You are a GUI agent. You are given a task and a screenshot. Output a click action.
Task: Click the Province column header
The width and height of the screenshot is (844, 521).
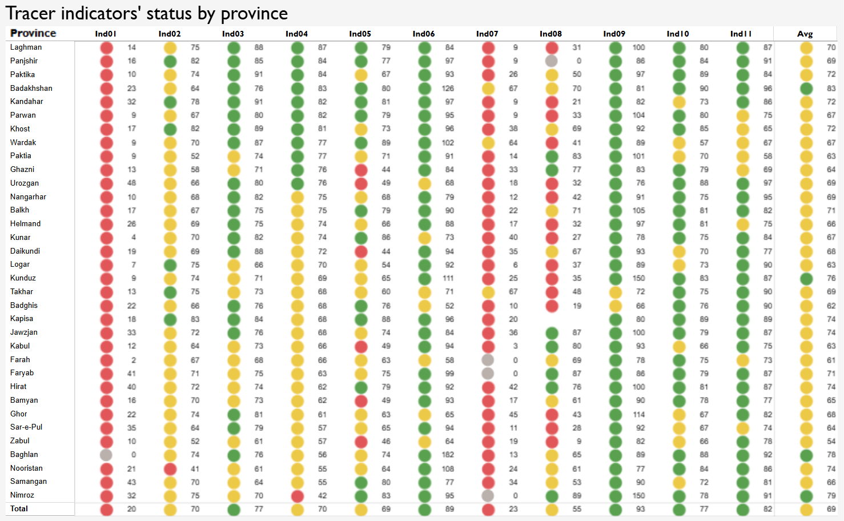33,33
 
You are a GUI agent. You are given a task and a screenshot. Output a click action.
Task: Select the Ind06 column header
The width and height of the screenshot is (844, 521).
424,34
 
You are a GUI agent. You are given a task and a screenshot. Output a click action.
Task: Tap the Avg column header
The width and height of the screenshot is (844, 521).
805,34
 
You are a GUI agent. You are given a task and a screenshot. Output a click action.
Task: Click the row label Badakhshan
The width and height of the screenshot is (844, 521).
31,88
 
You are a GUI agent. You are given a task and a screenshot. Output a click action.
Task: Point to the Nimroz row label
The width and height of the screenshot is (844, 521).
22,495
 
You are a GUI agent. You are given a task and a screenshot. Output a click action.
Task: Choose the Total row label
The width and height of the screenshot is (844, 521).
19,508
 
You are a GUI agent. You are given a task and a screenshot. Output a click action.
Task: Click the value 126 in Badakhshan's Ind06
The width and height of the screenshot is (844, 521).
448,89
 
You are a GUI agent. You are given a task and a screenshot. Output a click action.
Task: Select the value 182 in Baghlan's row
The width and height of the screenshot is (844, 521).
448,455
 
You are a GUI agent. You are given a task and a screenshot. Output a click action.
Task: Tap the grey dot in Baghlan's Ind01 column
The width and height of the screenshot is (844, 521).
106,455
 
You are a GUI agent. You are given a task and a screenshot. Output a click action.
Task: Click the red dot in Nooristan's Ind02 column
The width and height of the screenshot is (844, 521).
170,468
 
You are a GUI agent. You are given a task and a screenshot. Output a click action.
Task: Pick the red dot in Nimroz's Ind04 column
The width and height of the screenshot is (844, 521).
297,495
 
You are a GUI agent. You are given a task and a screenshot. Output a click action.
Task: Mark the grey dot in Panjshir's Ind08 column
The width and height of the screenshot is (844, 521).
552,61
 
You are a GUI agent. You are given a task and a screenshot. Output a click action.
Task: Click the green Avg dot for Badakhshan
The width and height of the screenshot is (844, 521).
806,89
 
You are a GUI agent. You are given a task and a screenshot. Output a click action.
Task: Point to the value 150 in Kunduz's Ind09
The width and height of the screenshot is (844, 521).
638,278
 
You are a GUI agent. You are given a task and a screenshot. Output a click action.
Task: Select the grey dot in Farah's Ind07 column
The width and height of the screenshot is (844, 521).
488,360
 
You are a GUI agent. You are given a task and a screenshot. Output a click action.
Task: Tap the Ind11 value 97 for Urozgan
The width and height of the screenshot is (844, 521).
767,183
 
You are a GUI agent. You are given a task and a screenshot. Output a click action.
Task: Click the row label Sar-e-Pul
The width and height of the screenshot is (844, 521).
26,427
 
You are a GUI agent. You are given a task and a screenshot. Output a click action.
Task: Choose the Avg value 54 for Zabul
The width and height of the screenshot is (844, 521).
831,441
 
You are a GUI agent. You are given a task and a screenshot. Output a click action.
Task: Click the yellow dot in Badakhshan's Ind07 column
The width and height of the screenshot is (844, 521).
488,89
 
